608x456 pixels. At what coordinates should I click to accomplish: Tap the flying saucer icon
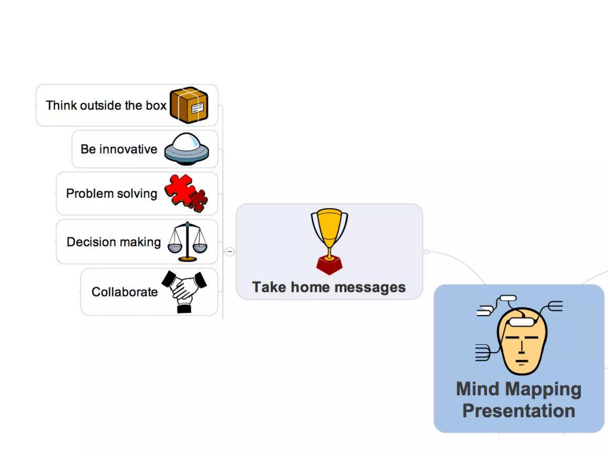pos(186,149)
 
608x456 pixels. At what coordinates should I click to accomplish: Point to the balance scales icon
pos(187,242)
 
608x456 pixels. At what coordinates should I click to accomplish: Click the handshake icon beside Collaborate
pos(184,291)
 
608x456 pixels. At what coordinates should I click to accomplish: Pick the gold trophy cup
pos(329,230)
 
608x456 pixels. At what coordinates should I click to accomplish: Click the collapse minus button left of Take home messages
pos(230,252)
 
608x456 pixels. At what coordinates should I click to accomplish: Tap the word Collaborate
pos(124,292)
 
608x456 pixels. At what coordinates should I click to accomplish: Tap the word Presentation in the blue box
pos(519,411)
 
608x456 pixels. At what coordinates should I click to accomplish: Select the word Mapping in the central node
pos(543,389)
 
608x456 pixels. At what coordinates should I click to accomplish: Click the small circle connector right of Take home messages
pos(426,252)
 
